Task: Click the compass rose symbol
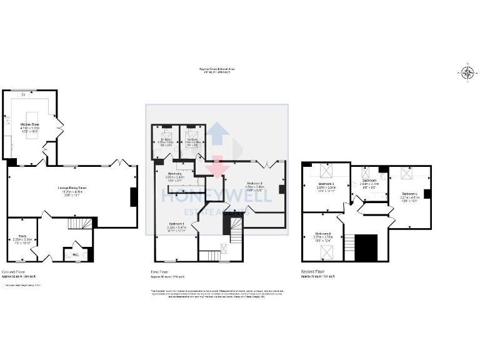467,72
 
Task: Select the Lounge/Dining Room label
72,190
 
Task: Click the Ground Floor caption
13,272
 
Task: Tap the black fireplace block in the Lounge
133,197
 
